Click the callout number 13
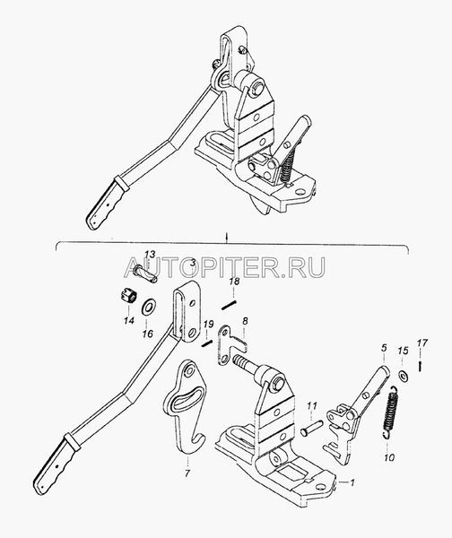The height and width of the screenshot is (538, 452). coord(150,255)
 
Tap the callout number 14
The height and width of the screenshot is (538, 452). coord(129,321)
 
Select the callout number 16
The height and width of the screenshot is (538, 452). coord(148,334)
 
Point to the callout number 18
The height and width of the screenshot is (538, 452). coord(235,282)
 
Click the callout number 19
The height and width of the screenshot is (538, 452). coord(208,325)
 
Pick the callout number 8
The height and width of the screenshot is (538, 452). coord(245,321)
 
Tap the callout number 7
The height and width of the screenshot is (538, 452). coord(187,473)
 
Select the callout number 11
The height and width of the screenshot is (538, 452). coord(311,405)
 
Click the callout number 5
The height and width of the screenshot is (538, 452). coord(384,348)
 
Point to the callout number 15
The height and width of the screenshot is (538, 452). coord(404,351)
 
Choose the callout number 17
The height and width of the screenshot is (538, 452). coord(422,343)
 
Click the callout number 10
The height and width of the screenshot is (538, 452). coord(389,457)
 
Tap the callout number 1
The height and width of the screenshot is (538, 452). coord(352,482)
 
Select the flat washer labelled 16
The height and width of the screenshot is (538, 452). coord(149,306)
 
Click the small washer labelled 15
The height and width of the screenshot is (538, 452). coord(404,376)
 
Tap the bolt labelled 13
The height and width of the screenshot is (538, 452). coord(145,273)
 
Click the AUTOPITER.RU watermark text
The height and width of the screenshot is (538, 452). coord(224,267)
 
